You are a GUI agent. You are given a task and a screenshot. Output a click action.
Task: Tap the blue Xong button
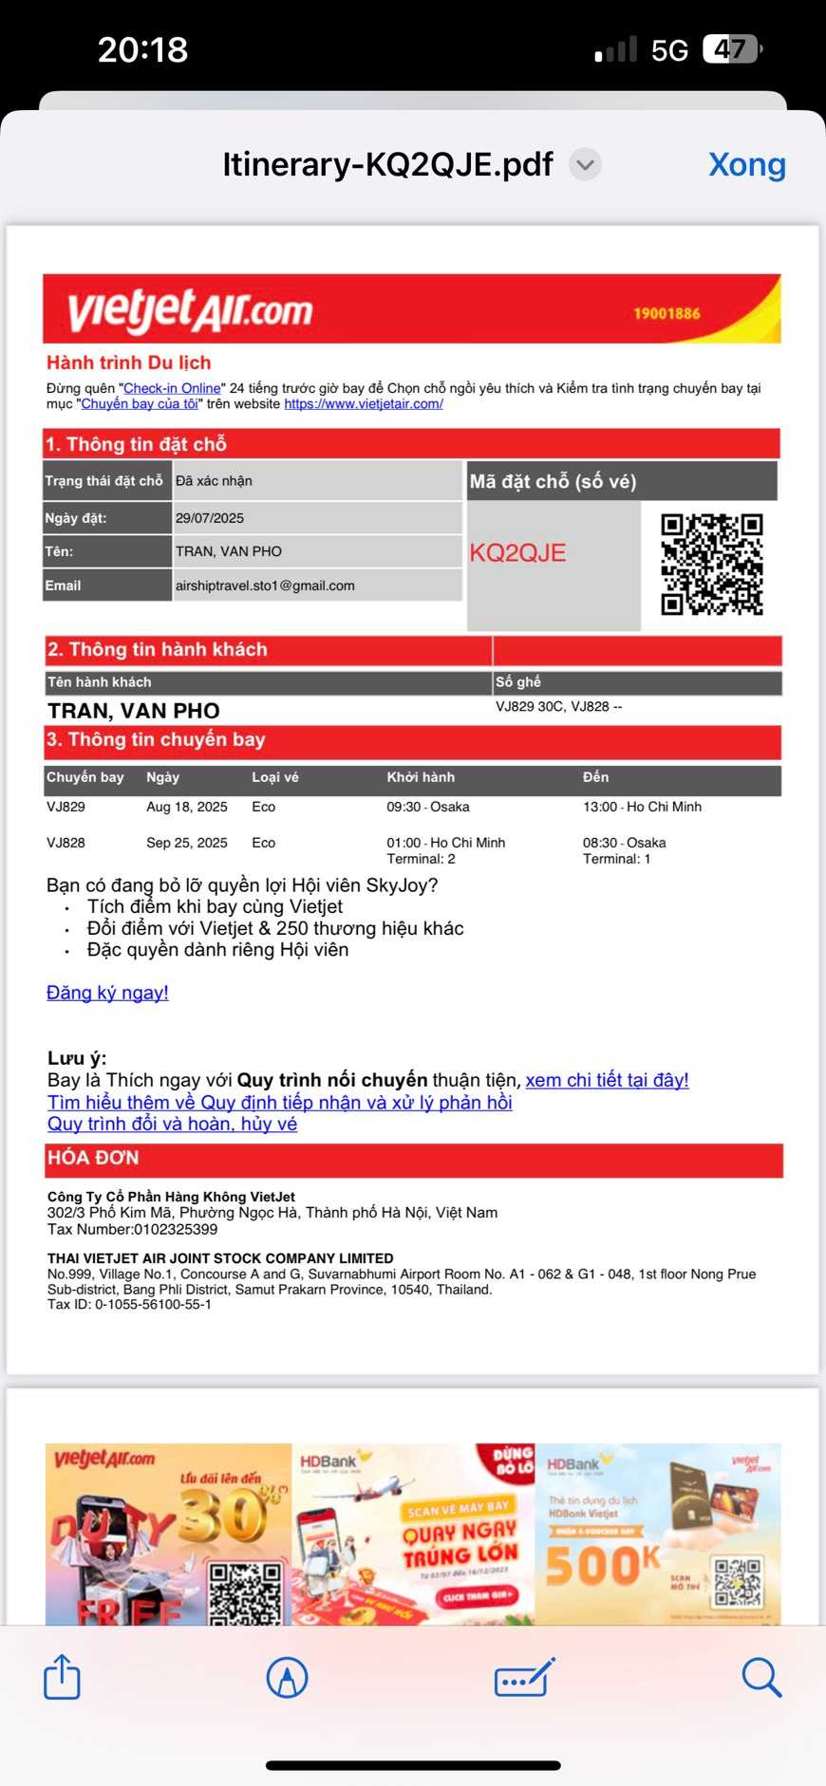746,164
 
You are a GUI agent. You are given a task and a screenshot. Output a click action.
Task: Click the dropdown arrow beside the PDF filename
586,164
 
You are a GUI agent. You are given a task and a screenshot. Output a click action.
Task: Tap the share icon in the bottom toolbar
63,1677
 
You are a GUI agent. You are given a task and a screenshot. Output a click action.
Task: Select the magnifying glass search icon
760,1677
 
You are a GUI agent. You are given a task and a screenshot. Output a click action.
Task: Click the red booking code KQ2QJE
517,553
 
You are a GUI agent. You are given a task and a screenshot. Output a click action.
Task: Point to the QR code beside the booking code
712,565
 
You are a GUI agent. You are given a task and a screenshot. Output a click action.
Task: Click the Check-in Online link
172,388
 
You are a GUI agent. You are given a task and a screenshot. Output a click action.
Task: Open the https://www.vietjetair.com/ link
364,404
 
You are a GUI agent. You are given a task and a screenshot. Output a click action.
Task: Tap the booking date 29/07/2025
210,518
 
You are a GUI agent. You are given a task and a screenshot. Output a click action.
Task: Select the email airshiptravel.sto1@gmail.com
265,586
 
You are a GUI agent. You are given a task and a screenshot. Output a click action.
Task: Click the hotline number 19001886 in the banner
666,313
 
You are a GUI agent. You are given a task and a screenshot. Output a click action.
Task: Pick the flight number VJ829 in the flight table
66,807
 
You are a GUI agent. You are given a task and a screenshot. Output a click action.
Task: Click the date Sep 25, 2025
187,843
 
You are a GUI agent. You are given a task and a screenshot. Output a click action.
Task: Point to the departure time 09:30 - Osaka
428,807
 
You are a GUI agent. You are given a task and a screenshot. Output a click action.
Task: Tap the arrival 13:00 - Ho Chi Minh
642,807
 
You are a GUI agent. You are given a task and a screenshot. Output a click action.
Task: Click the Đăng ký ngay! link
107,993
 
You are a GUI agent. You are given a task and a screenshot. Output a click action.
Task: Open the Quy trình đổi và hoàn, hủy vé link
172,1125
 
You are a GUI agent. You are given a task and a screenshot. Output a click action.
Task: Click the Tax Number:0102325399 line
132,1229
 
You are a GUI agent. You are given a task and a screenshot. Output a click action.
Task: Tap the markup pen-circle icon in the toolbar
287,1677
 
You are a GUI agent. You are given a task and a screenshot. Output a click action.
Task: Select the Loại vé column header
275,777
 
